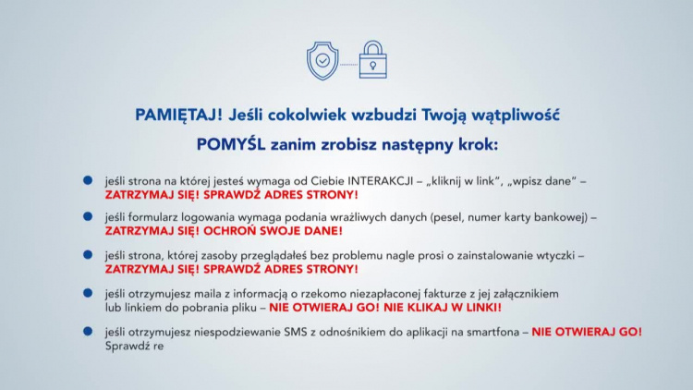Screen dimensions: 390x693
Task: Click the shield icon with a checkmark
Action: [322, 60]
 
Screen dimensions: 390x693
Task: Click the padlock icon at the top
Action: [372, 60]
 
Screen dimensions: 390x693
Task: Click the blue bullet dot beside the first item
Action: [88, 181]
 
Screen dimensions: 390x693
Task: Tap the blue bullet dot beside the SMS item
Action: [88, 330]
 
